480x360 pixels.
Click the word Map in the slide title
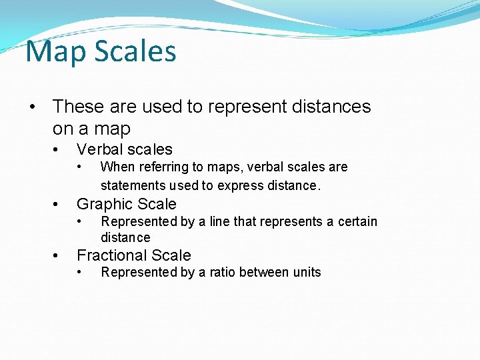[x=53, y=52]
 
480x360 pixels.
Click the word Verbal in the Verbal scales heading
[x=99, y=150]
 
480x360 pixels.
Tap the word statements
[x=133, y=185]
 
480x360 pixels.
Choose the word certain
[x=354, y=221]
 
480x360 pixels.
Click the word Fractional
[x=109, y=255]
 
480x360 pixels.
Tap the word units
[x=304, y=272]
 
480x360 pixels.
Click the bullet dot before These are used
[x=32, y=107]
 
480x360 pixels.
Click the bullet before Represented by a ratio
[x=80, y=272]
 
